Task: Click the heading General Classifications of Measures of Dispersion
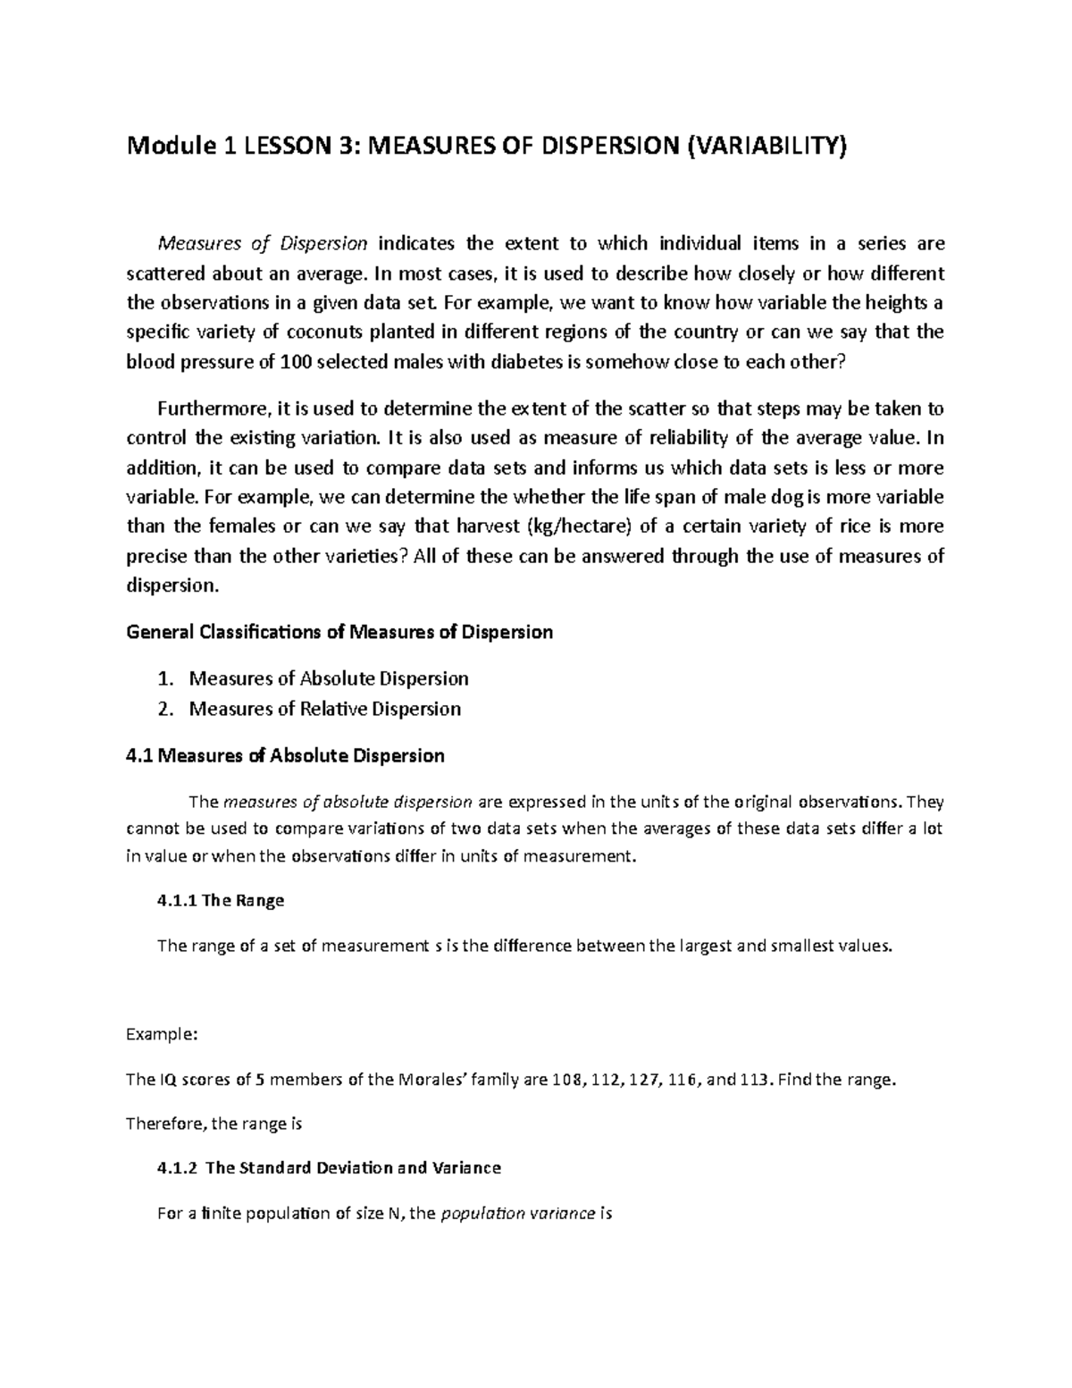click(x=340, y=633)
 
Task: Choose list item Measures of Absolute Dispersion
click(x=329, y=678)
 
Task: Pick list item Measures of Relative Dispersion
click(x=325, y=709)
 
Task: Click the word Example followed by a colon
click(x=159, y=1034)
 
